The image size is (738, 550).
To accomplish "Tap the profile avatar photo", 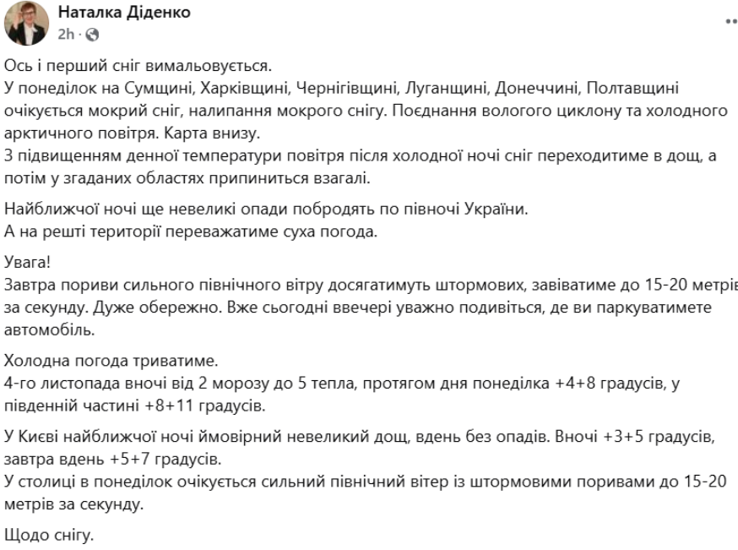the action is click(27, 23).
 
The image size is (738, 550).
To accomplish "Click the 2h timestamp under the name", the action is click(65, 35).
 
